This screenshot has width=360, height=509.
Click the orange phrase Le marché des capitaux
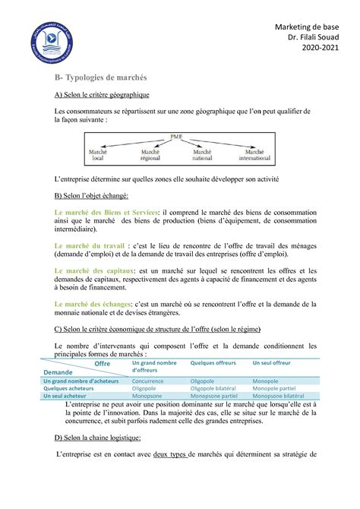(x=96, y=270)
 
